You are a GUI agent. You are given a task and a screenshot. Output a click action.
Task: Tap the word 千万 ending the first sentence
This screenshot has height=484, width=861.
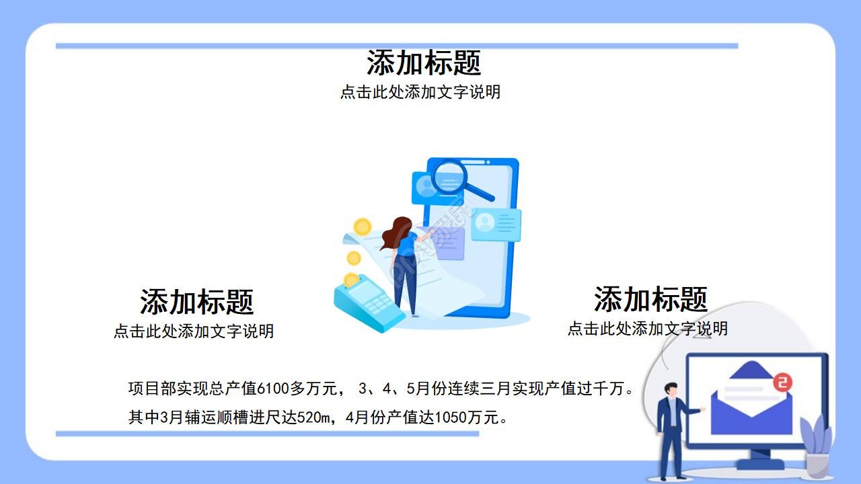pyautogui.click(x=610, y=389)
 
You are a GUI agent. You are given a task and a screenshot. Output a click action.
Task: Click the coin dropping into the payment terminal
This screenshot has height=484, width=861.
pyautogui.click(x=350, y=280)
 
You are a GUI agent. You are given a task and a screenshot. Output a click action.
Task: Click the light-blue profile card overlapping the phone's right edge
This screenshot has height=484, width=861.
pyautogui.click(x=496, y=224)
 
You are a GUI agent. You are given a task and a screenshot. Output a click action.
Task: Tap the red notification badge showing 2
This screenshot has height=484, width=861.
pyautogui.click(x=782, y=382)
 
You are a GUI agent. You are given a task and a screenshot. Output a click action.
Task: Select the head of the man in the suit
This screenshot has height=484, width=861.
pyautogui.click(x=670, y=389)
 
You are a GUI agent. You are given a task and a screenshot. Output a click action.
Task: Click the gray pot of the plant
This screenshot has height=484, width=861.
pyautogui.click(x=817, y=465)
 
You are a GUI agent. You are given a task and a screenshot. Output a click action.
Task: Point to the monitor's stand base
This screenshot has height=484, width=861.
pyautogui.click(x=760, y=463)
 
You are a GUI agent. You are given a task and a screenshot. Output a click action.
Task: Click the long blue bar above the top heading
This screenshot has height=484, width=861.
pyautogui.click(x=397, y=46)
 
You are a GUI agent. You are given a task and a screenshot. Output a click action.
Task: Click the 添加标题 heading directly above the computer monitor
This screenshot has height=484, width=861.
pyautogui.click(x=650, y=299)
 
